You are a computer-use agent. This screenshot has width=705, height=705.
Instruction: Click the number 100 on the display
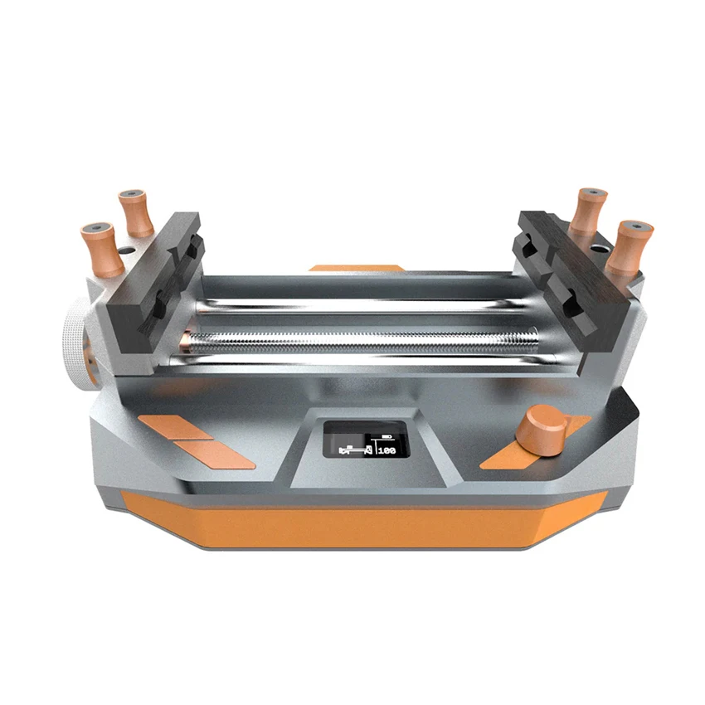pos(387,451)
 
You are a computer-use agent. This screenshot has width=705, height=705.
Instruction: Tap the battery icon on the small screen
pos(387,435)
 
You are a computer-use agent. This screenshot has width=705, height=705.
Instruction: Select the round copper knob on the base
pos(540,429)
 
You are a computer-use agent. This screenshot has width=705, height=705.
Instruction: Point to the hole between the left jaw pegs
pos(126,248)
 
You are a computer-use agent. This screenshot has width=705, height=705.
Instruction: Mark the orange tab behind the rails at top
pos(355,268)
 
